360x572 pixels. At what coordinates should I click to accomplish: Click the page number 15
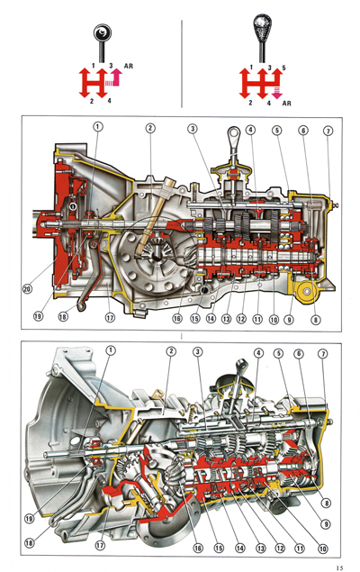[x=338, y=567]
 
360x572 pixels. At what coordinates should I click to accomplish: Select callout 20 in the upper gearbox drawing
[x=26, y=289]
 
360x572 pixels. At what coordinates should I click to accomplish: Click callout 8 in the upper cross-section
[x=314, y=317]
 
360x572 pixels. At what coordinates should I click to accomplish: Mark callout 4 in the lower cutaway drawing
[x=258, y=352]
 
